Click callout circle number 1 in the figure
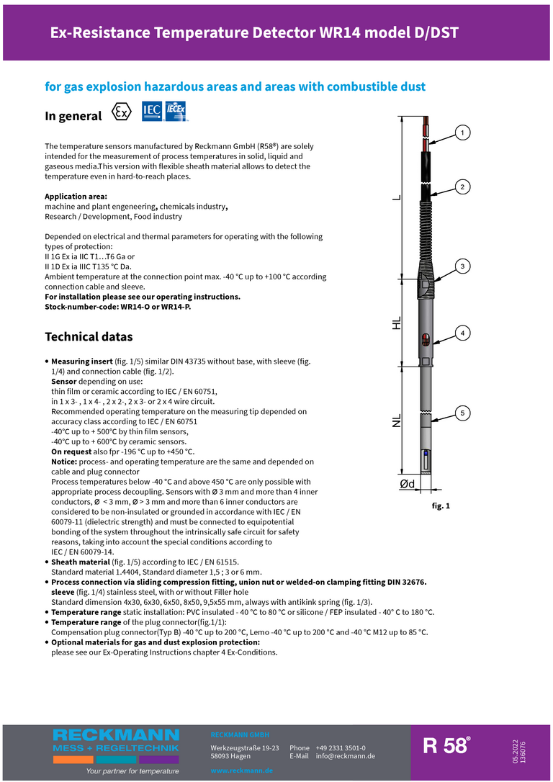pos(462,132)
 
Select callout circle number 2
pos(462,187)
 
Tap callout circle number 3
pos(462,266)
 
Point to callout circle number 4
pos(462,333)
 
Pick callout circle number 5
pos(462,413)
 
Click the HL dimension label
pos(397,323)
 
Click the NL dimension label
pos(397,421)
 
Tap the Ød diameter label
pos(407,484)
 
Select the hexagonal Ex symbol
pos(122,113)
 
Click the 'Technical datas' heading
pos(89,336)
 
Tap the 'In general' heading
pos(73,116)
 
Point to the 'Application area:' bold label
pos(76,197)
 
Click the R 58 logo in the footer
pos(446,745)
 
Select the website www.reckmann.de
pos(241,770)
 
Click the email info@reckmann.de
pos(346,756)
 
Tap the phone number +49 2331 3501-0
pos(340,748)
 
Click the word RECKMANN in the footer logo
pos(116,734)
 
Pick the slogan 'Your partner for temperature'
pos(132,771)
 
